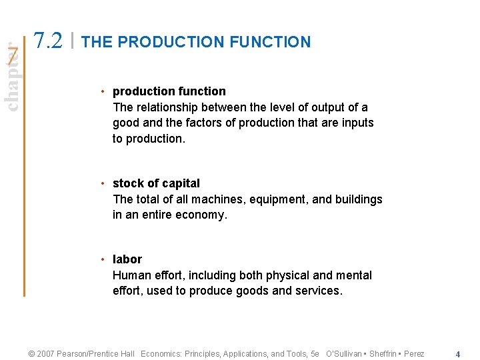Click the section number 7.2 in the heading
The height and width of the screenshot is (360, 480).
[49, 41]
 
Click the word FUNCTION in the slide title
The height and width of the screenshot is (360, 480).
[270, 42]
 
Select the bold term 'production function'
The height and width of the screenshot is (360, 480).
[169, 91]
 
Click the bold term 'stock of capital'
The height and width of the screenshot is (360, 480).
[156, 183]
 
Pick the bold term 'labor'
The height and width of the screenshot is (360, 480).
[127, 259]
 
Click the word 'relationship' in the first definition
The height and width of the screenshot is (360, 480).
[170, 107]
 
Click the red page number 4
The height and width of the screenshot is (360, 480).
[457, 354]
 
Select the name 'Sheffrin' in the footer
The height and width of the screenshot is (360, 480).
[383, 354]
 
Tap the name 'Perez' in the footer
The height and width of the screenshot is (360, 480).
[413, 354]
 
